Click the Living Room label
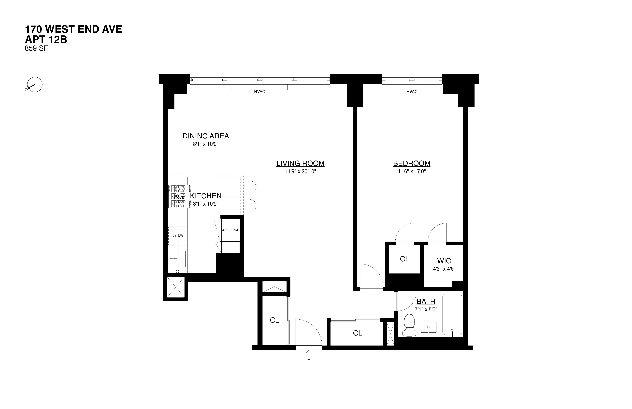pyautogui.click(x=300, y=163)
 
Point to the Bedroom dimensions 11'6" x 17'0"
pyautogui.click(x=412, y=172)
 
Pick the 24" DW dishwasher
pyautogui.click(x=178, y=236)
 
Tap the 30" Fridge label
pyautogui.click(x=230, y=230)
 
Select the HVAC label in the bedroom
pyautogui.click(x=412, y=92)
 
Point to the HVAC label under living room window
pyautogui.click(x=259, y=92)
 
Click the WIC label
pyautogui.click(x=444, y=261)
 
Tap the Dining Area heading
pyautogui.click(x=206, y=136)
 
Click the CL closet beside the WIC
pyautogui.click(x=404, y=259)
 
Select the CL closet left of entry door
pyautogui.click(x=274, y=320)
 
